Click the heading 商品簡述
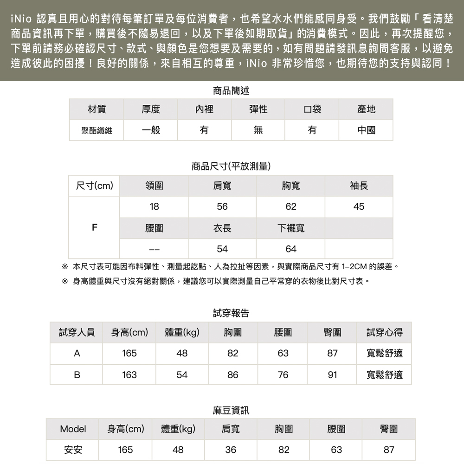point(231,90)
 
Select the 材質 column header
point(97,110)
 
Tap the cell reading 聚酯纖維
point(97,130)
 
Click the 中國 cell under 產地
point(366,130)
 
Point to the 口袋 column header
point(312,110)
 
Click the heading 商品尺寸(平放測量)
point(231,166)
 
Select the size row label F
point(94,228)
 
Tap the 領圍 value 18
point(154,207)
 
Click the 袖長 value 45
point(359,207)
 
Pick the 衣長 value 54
point(222,249)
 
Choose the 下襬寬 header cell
point(291,228)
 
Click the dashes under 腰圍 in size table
point(154,249)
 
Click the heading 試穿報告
point(231,313)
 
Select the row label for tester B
point(77,374)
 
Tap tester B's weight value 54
point(182,374)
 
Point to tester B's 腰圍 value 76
point(283,374)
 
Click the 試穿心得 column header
point(384,332)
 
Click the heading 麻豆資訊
point(231,410)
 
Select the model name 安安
point(73,450)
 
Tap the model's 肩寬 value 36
point(231,450)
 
